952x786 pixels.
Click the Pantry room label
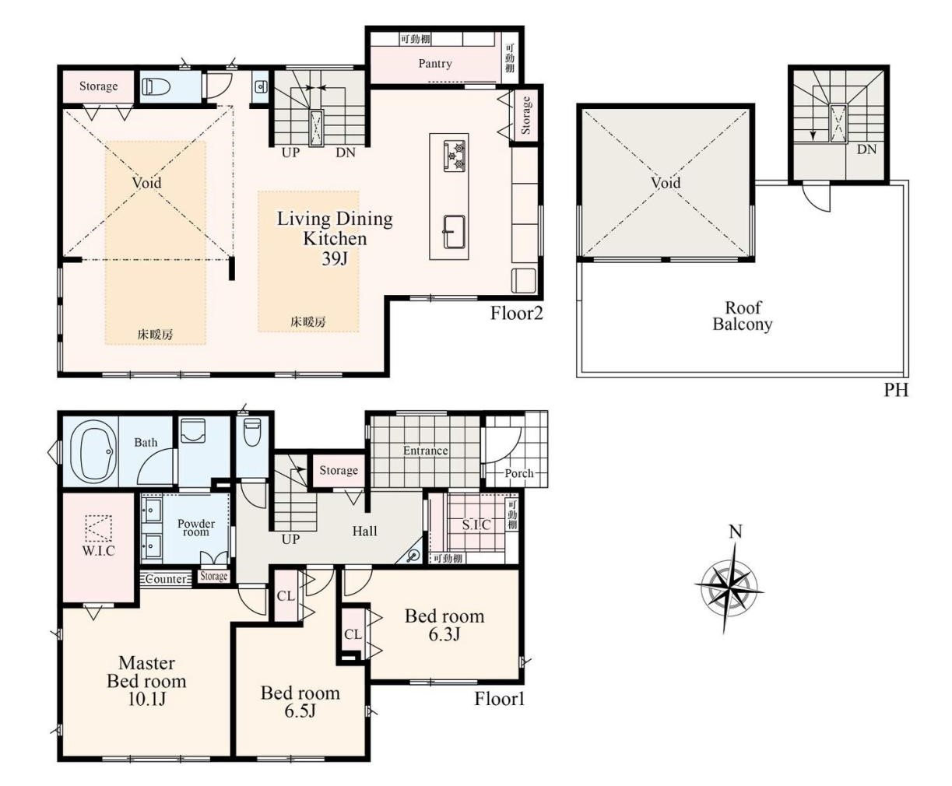tap(435, 63)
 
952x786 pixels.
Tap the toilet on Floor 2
tap(156, 86)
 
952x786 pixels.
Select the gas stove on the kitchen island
tap(454, 156)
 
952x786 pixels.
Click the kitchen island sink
tap(454, 232)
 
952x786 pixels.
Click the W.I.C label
tap(99, 550)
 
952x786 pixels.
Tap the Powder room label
tap(196, 528)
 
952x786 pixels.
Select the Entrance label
tap(425, 451)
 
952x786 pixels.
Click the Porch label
tap(519, 473)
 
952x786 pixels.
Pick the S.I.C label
tap(476, 525)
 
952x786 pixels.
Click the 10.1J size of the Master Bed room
tap(146, 699)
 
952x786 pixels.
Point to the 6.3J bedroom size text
tap(444, 634)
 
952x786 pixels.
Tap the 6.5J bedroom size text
tap(300, 711)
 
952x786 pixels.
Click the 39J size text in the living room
tap(335, 258)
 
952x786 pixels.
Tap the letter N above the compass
tap(736, 532)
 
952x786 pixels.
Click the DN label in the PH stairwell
tap(866, 149)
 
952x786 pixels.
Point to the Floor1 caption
tap(499, 699)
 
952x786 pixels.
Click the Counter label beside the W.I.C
tap(166, 579)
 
